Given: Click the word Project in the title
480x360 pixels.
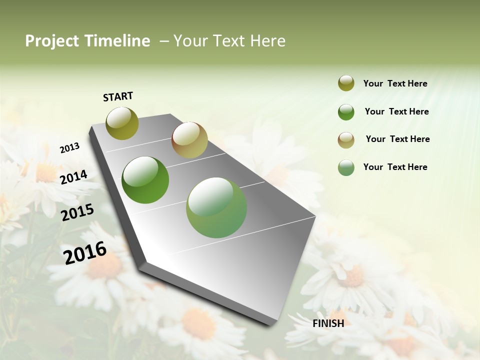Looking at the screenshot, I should tap(52, 41).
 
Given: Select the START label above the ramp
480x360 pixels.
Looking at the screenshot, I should tap(118, 96).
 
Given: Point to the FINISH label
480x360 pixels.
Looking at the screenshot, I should tap(328, 323).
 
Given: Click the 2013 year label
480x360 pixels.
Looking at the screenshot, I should tap(69, 148).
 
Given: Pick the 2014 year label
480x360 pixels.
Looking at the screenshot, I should tap(73, 177).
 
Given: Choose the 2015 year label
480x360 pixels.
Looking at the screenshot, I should tap(77, 212).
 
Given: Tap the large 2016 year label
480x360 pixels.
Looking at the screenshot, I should tap(85, 253).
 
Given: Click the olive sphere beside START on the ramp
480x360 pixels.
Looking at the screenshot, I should tap(122, 123).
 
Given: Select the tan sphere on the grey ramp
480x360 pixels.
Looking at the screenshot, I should tap(189, 140).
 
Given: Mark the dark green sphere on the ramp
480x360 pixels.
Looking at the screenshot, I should tap(145, 180).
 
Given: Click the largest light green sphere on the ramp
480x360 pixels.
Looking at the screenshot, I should tap(216, 207).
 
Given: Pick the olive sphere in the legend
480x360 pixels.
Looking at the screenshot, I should tap(346, 83).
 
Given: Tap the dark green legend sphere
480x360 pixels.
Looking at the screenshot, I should tap(346, 112).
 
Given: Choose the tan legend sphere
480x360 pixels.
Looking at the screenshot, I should tap(346, 140).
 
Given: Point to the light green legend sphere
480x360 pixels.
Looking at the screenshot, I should tap(346, 167).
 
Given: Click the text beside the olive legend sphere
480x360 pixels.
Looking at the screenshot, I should tap(395, 83).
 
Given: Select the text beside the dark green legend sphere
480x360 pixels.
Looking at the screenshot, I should tap(396, 111).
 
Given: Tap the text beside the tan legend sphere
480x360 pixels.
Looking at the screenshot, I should tap(397, 139).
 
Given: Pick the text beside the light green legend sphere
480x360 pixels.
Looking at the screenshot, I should tap(395, 167).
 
